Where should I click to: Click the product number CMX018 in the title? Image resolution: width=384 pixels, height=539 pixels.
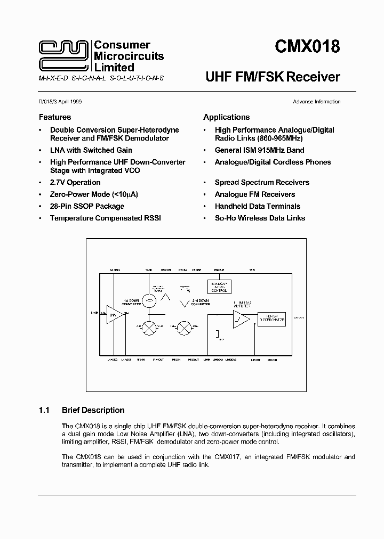[x=307, y=47]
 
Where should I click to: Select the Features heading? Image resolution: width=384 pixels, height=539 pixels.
[x=54, y=117]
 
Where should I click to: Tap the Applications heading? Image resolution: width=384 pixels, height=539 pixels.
[x=226, y=117]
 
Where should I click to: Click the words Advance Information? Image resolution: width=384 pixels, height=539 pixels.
[x=316, y=102]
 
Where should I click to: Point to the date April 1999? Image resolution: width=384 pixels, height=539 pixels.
[x=69, y=102]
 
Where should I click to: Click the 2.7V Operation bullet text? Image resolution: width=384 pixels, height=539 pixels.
[x=75, y=182]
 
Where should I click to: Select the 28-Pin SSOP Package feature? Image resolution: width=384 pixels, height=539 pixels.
[x=87, y=206]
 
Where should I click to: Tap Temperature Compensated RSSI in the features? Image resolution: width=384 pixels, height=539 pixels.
[x=105, y=218]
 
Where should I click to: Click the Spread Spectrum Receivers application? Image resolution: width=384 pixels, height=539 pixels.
[x=262, y=182]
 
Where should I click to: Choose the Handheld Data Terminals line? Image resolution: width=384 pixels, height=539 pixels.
[x=257, y=206]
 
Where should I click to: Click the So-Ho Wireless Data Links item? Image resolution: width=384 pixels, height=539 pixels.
[x=260, y=218]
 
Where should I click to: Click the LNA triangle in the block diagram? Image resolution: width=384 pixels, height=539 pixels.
[x=113, y=315]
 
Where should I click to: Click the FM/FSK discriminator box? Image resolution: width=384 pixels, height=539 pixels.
[x=272, y=318]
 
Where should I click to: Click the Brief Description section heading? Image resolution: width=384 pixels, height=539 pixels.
[x=93, y=410]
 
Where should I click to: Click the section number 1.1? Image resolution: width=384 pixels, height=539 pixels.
[x=44, y=410]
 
